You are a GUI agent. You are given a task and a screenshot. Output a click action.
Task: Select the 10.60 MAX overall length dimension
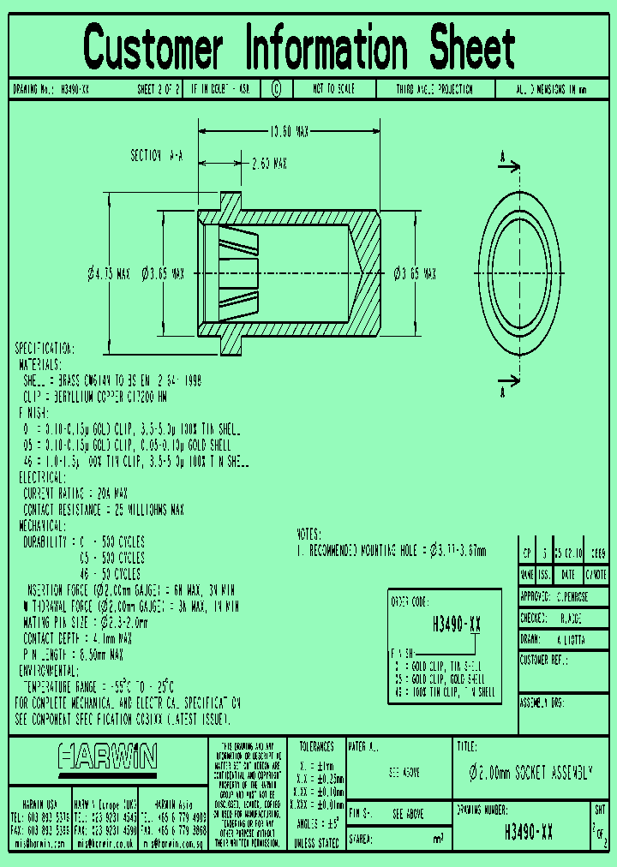(290, 132)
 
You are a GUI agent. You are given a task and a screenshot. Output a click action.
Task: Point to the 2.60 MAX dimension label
(268, 164)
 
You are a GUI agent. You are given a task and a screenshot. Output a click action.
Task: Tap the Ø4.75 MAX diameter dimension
(108, 274)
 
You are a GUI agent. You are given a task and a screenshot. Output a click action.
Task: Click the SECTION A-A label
(157, 156)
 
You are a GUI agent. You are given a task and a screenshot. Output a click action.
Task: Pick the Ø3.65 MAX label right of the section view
(415, 274)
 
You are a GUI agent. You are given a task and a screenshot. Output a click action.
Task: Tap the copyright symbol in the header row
(276, 89)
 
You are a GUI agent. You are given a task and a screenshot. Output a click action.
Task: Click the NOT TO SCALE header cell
(333, 89)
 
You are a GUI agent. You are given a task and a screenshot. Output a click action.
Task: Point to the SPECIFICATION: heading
(45, 349)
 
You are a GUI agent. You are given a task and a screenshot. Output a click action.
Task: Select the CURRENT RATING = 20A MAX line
(75, 493)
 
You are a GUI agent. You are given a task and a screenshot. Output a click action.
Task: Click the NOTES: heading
(313, 533)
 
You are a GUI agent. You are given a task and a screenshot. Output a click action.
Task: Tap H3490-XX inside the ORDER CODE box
(456, 624)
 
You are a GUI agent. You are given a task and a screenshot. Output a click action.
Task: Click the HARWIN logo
(108, 756)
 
